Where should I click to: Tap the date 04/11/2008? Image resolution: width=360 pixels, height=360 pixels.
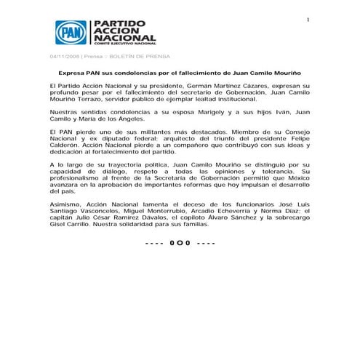click(x=64, y=57)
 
